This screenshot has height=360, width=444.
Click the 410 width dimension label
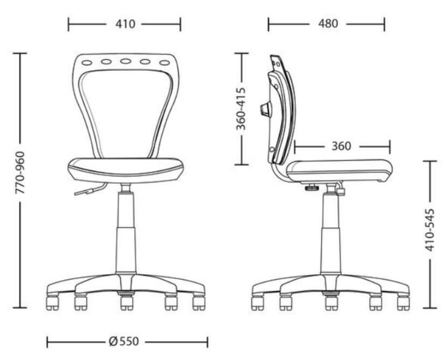(125, 24)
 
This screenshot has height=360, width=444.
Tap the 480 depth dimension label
(328, 24)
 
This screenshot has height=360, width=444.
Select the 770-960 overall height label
(20, 173)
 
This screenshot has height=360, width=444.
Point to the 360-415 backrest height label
(241, 109)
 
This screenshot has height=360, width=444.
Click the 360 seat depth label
(341, 146)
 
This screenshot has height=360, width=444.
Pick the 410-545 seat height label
(430, 230)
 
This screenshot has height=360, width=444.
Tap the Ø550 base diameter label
(124, 341)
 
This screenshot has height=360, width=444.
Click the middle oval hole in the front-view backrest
(125, 61)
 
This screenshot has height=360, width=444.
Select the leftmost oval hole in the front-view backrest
(87, 63)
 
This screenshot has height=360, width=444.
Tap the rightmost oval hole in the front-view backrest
(164, 63)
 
